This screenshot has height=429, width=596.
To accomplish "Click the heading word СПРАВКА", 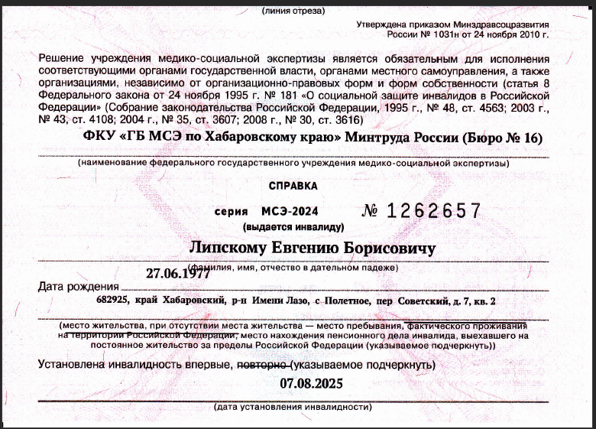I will point(294,186).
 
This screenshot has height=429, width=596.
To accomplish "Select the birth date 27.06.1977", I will point(178,273).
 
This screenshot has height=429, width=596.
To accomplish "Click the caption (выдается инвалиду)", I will point(293,227).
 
